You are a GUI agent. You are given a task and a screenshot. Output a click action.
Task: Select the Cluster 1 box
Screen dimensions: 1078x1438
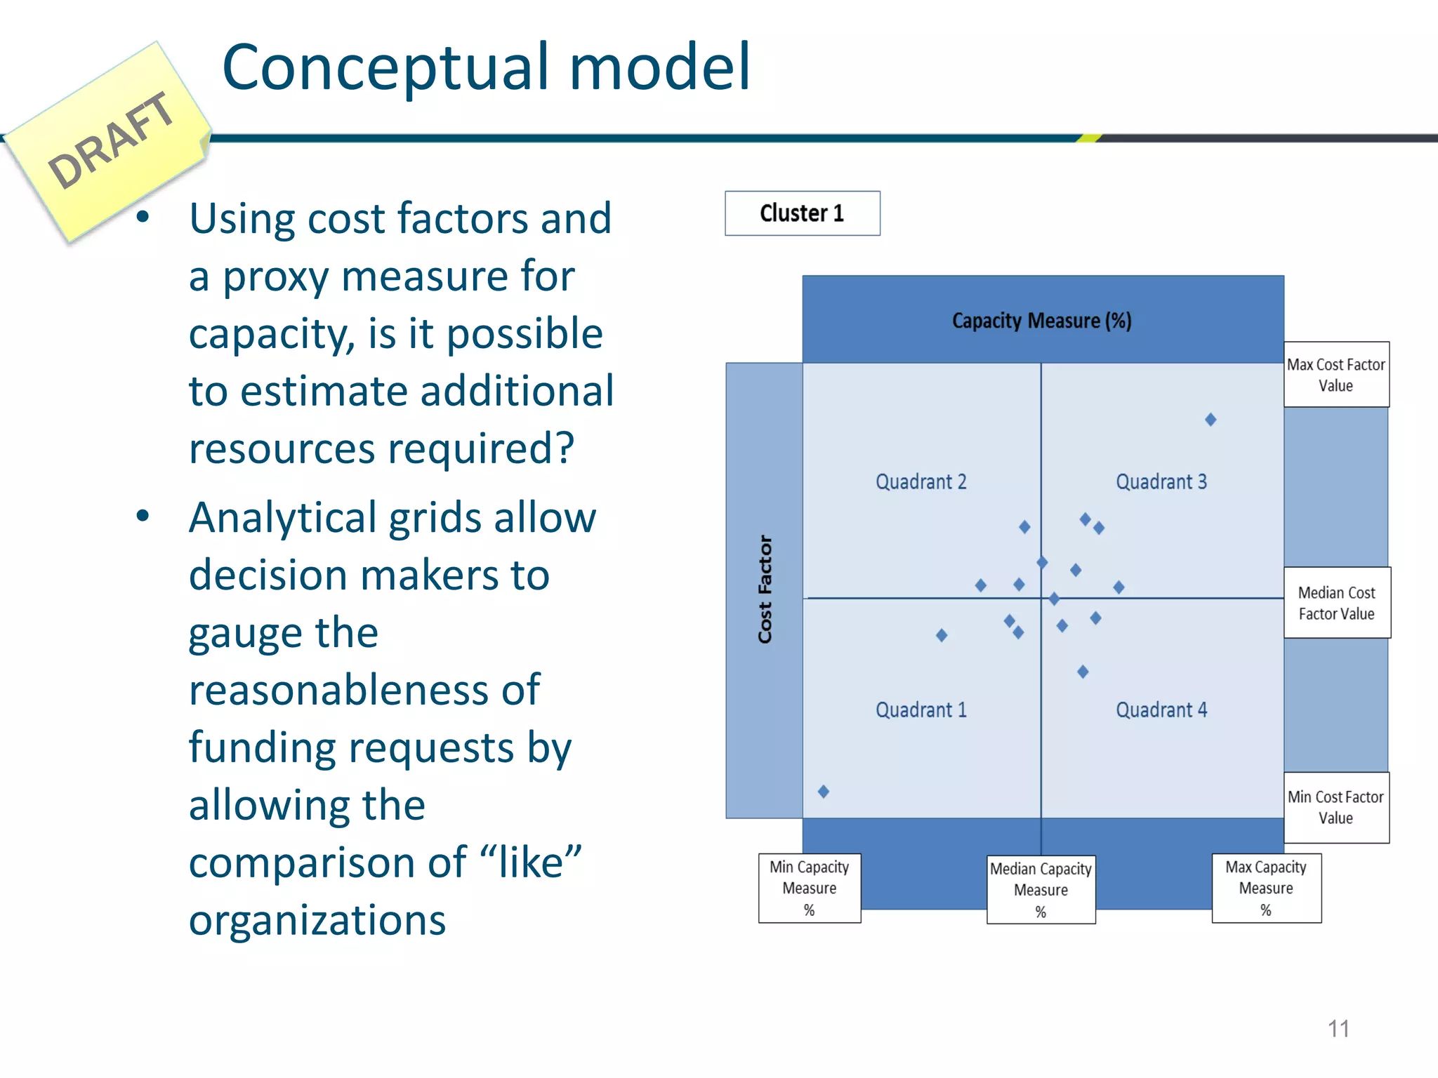[x=802, y=213]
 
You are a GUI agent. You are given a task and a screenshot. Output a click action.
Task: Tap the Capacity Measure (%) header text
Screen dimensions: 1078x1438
[x=1041, y=321]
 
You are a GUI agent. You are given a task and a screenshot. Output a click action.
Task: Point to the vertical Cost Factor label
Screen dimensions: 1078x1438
[x=765, y=590]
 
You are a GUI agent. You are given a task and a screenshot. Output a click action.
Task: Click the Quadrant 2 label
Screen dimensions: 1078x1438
[x=921, y=482]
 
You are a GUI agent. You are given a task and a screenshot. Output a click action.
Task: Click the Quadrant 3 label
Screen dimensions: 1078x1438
[x=1161, y=482]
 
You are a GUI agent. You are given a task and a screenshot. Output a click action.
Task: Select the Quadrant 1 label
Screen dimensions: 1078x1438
[x=921, y=710]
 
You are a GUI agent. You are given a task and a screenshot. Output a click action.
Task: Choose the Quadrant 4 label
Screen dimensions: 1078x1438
[x=1161, y=710]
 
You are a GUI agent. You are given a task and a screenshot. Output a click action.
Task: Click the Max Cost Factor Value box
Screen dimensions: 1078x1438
[x=1335, y=375]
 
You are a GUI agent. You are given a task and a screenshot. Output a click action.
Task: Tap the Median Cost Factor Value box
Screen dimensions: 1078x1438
[x=1336, y=603]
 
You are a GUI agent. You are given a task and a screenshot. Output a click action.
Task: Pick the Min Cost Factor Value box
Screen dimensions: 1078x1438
[x=1335, y=807]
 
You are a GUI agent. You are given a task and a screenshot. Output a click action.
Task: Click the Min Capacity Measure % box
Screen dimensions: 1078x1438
[x=809, y=888]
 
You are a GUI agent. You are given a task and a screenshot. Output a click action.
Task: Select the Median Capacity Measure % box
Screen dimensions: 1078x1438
[x=1041, y=889]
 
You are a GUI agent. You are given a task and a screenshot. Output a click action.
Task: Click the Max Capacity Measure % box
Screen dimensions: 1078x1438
[x=1265, y=888]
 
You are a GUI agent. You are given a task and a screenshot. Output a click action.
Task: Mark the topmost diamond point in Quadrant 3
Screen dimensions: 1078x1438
[x=1211, y=420]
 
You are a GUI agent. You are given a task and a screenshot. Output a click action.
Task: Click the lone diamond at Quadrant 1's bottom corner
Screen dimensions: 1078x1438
[x=824, y=792]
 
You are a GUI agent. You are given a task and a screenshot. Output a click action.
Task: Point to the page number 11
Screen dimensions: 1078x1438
[x=1338, y=1029]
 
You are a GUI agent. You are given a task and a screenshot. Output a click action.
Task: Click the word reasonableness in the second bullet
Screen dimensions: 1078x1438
[x=364, y=690]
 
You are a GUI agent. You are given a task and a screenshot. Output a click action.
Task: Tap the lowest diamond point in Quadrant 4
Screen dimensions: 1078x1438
[x=1083, y=672]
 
